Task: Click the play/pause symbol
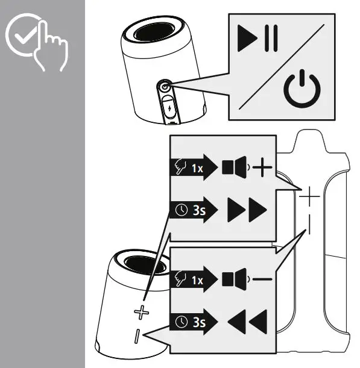point(258,40)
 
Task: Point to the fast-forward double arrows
point(246,210)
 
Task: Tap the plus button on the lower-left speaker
point(140,312)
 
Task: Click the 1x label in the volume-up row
point(197,168)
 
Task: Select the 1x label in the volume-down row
point(197,279)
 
